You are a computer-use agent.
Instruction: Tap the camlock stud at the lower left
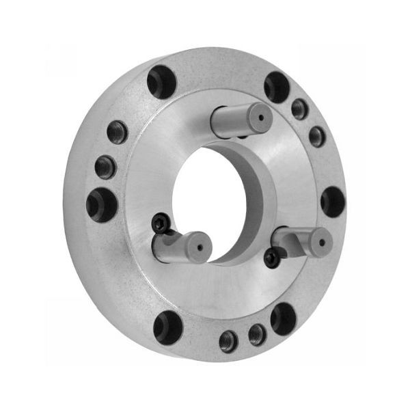[x=179, y=246]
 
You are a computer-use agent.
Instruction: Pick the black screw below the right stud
[x=272, y=258]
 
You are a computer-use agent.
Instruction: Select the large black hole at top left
[x=161, y=82]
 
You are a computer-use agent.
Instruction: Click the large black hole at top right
[x=277, y=87]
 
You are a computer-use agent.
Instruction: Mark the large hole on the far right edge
[x=333, y=202]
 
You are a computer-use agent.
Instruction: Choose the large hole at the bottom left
[x=167, y=327]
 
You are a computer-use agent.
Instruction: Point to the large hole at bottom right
[x=283, y=318]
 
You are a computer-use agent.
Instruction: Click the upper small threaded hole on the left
[x=117, y=132]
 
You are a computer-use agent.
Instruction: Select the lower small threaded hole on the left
[x=105, y=166]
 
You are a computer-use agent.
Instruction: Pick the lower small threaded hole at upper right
[x=317, y=137]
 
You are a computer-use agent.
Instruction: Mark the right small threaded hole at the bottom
[x=257, y=334]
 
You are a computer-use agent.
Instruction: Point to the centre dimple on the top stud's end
[x=260, y=118]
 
